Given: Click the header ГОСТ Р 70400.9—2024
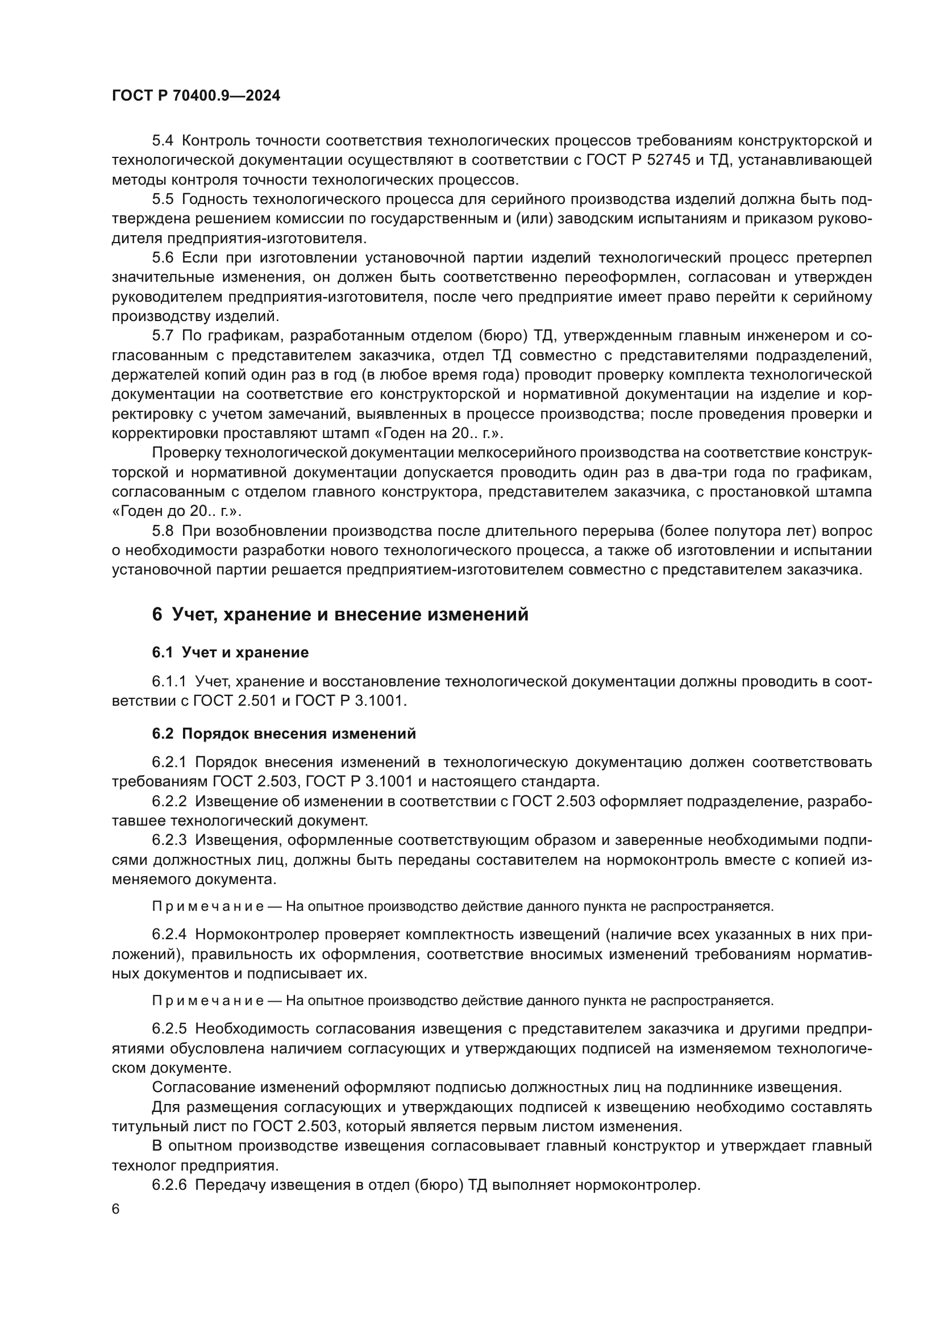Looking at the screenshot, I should tap(196, 96).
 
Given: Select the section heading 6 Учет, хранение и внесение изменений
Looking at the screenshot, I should tap(340, 614).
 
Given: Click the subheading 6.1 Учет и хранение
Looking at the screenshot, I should tap(230, 653).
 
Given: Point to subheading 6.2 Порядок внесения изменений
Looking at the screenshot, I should tap(284, 734).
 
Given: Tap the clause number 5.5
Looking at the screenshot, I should tap(163, 199).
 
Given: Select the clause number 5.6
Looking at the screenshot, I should tap(163, 257).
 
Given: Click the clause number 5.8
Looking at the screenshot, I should tap(163, 531).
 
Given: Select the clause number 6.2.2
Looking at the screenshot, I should tap(169, 801).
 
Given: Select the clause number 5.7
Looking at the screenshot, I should tap(163, 336).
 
